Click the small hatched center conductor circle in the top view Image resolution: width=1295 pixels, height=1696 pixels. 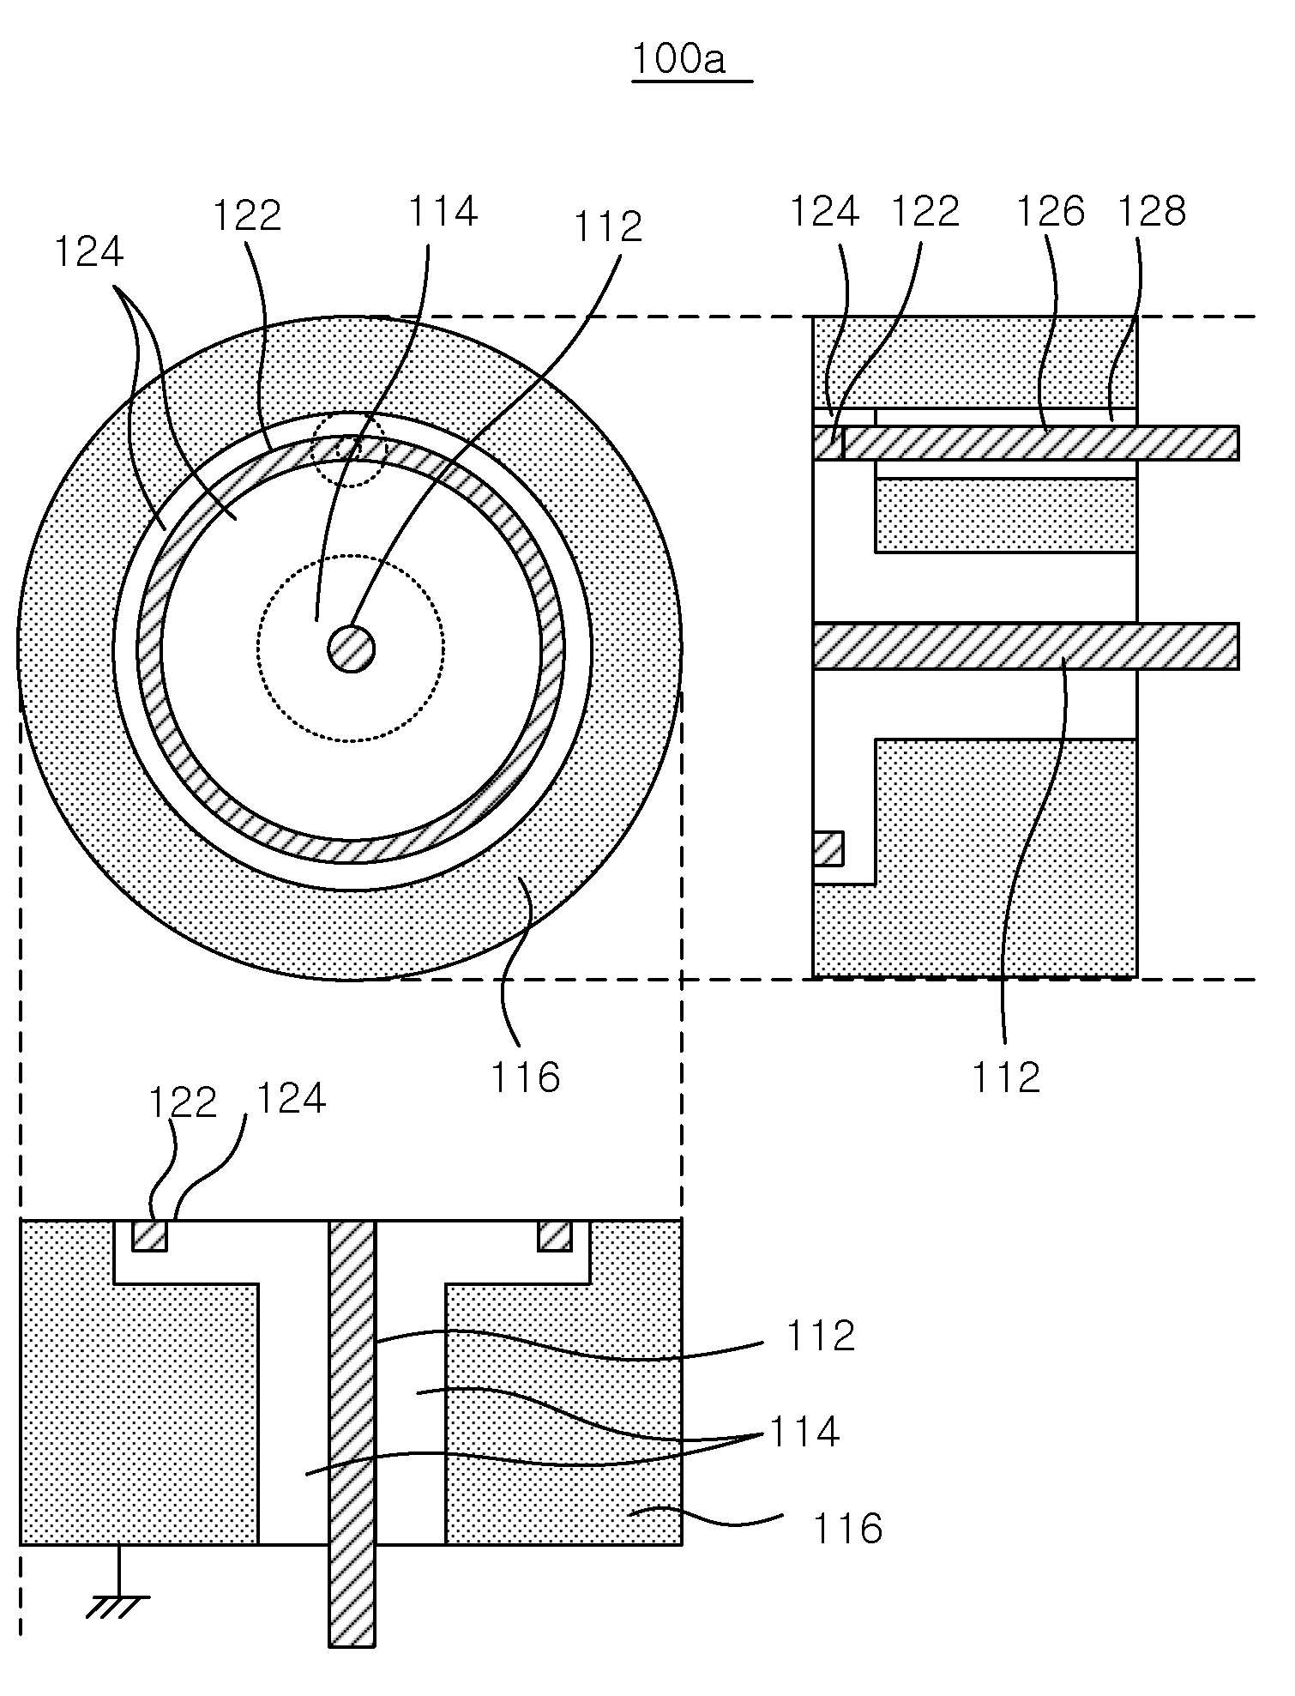pos(352,649)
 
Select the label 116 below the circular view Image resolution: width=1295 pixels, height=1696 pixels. pos(525,1077)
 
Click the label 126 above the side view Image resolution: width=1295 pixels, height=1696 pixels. pos(1051,211)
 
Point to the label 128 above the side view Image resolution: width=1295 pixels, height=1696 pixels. pos(1152,211)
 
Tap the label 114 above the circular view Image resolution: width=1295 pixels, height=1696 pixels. pos(442,211)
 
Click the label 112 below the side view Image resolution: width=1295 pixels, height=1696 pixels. pos(1006,1077)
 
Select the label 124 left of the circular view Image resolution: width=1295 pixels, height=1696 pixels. pos(89,251)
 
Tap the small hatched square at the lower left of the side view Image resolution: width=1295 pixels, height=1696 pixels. pos(828,848)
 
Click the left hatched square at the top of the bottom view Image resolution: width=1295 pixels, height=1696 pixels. pos(149,1235)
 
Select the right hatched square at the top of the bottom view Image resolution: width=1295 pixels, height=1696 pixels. pos(554,1235)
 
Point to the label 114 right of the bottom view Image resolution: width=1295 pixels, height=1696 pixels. pos(804,1432)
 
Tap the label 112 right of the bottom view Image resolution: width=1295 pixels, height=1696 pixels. pos(821,1336)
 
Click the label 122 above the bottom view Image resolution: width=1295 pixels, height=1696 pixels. pos(183,1102)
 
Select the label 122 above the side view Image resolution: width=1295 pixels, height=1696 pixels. pos(925,211)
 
